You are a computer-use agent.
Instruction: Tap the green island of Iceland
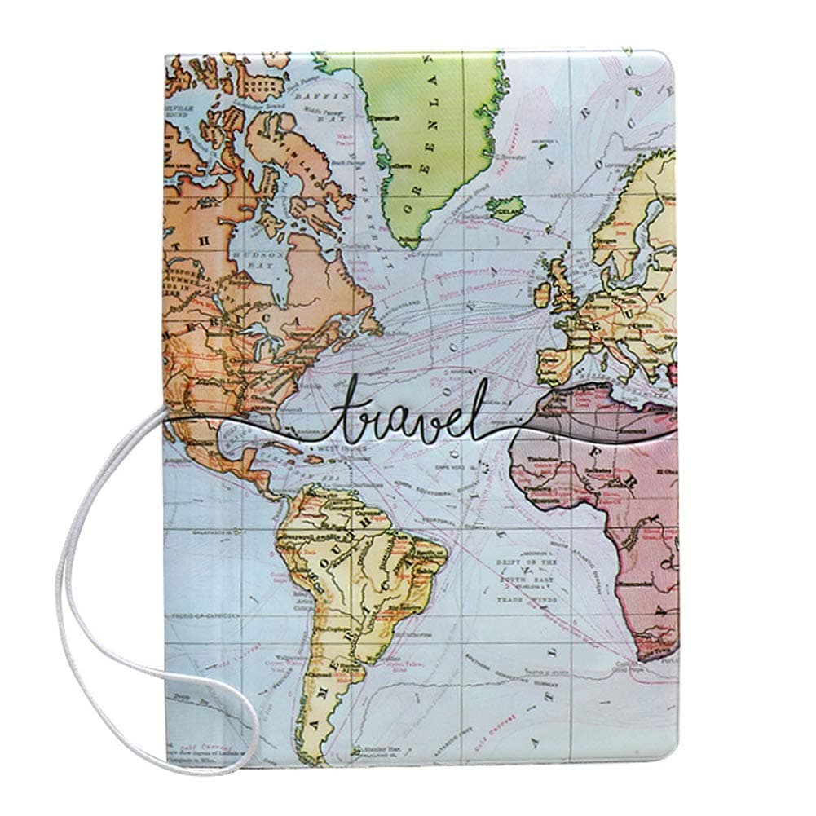point(504,209)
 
